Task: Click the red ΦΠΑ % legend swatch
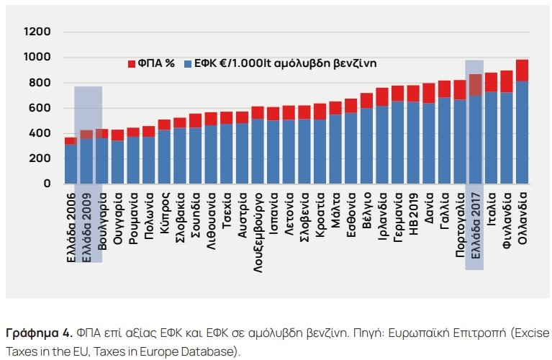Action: (132, 63)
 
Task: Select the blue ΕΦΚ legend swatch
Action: (189, 63)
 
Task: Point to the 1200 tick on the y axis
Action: (37, 32)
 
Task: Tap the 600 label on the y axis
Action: (40, 108)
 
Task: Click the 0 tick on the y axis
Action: (47, 184)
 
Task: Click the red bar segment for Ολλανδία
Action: (522, 70)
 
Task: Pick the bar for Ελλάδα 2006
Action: (71, 164)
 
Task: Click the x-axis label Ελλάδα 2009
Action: (86, 220)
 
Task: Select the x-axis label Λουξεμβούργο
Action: (257, 229)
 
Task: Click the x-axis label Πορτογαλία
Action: (460, 226)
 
